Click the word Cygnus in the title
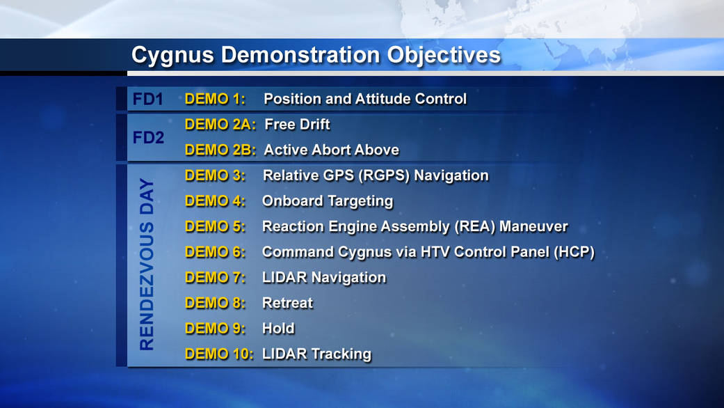[172, 56]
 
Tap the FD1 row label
[147, 99]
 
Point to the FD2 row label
[148, 137]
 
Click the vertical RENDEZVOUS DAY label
[147, 265]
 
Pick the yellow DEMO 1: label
[215, 99]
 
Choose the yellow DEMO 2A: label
[220, 125]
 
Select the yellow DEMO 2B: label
[220, 150]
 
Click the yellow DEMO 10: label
[219, 354]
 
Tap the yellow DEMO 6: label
[215, 252]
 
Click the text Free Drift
[298, 125]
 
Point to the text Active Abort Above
[332, 150]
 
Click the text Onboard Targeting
[328, 201]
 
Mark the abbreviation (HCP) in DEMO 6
[574, 252]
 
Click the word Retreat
[288, 303]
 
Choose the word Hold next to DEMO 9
[278, 329]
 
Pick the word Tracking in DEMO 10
[341, 354]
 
